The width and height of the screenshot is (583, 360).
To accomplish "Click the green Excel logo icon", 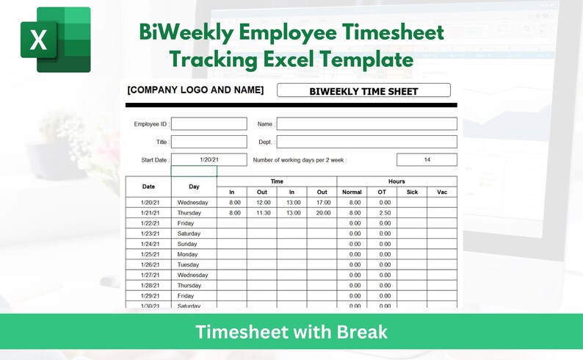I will tap(56, 40).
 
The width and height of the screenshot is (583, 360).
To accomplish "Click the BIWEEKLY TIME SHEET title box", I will tap(363, 91).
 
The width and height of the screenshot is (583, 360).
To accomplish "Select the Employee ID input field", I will tap(209, 124).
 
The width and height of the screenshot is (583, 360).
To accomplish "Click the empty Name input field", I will tap(366, 124).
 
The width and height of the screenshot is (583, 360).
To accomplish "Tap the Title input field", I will tap(209, 142).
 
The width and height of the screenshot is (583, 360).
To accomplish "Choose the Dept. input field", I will tap(366, 142).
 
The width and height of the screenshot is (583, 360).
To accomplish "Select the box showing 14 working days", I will tap(427, 159).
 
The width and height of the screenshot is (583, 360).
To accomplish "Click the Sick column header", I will tap(412, 192).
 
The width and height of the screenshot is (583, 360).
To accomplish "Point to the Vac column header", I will tap(442, 192).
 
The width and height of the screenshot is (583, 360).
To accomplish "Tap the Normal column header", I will tap(352, 192).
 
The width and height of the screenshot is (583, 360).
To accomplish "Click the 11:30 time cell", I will tap(262, 212).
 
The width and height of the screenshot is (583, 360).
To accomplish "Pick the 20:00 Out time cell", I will tap(322, 212).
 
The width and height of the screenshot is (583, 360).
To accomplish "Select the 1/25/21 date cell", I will tap(148, 254).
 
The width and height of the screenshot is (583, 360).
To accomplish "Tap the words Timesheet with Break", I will tap(291, 332).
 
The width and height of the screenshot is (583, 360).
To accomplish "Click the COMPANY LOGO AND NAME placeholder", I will tap(195, 90).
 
